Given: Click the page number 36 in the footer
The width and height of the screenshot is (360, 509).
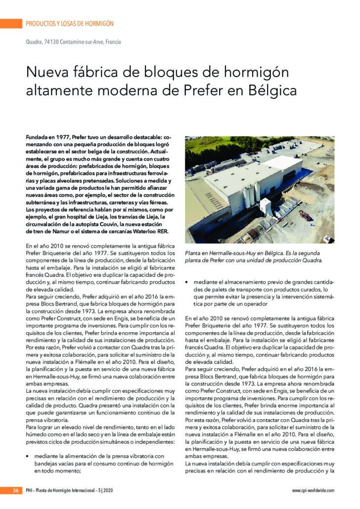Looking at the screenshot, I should [x=15, y=490].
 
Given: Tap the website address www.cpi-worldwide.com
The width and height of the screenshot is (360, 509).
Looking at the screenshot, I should [x=313, y=490].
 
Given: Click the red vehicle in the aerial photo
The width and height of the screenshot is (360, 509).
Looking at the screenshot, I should [x=305, y=215].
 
